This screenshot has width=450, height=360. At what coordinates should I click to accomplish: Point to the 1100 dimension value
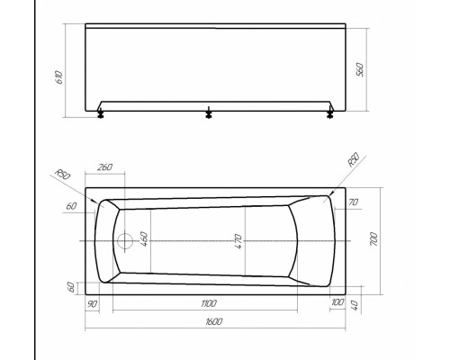[x=210, y=303]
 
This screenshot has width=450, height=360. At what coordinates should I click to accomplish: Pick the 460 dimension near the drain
[x=143, y=241]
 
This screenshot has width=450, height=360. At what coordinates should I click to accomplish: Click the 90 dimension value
[x=93, y=303]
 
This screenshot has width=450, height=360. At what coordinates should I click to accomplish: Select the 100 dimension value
[x=336, y=303]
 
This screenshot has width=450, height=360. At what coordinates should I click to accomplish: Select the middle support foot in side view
[x=209, y=113]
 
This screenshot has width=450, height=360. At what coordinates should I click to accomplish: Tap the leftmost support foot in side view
[x=99, y=113]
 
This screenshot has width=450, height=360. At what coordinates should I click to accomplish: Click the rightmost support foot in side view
[x=330, y=112]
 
